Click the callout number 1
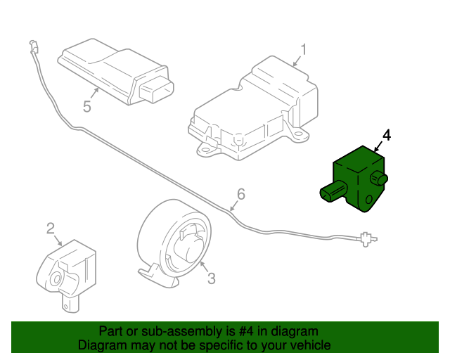click(x=304, y=49)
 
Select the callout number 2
click(x=51, y=228)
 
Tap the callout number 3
click(x=211, y=279)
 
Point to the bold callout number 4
click(x=386, y=134)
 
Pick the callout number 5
click(x=87, y=107)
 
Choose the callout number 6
click(x=240, y=194)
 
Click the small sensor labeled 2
click(x=65, y=271)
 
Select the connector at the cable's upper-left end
click(x=33, y=49)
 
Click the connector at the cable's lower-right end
click(x=365, y=239)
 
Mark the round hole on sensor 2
click(x=53, y=281)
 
